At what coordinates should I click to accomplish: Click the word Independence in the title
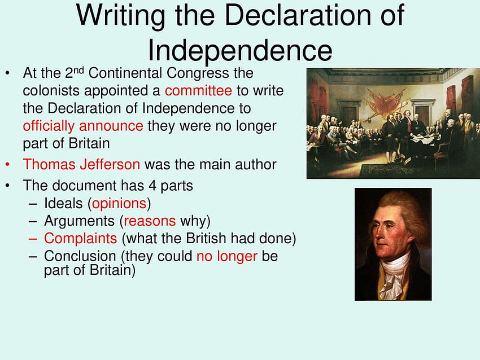click(x=240, y=50)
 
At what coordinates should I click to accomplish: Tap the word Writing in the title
click(x=121, y=15)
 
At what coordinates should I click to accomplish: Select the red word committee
click(x=198, y=90)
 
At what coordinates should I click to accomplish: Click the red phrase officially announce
click(x=83, y=126)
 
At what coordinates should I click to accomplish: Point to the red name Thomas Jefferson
click(x=81, y=164)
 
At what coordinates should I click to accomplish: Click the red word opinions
click(x=119, y=204)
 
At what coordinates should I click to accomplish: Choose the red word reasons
click(x=150, y=221)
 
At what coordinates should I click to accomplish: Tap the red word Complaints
click(x=81, y=239)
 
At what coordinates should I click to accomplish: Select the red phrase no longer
click(x=227, y=256)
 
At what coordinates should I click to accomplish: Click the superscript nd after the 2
click(x=78, y=71)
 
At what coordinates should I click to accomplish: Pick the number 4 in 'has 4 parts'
click(x=152, y=186)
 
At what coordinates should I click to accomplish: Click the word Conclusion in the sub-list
click(x=80, y=256)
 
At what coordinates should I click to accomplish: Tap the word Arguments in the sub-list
click(x=79, y=221)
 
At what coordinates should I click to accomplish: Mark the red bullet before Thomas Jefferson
click(x=7, y=165)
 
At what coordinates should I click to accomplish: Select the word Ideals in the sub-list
click(x=63, y=203)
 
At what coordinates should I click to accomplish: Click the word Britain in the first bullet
click(x=89, y=143)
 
